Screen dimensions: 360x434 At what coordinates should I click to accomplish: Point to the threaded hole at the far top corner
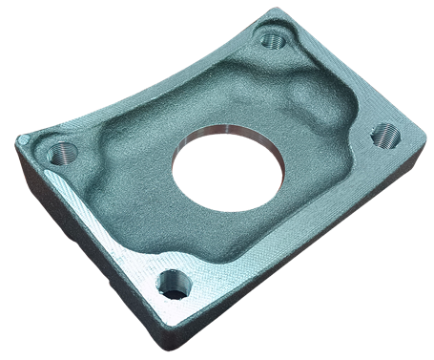point(272,40)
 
